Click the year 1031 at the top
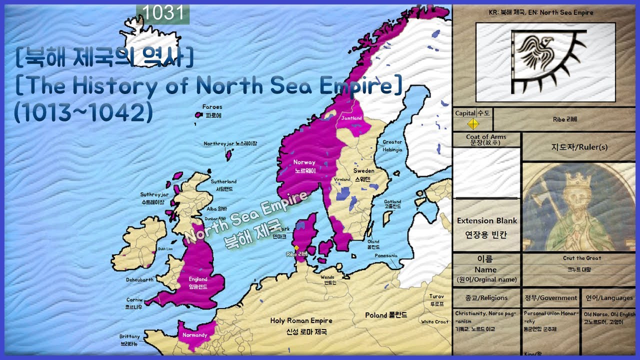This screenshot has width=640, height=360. pos(163,13)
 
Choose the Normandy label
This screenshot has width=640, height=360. pos(194,335)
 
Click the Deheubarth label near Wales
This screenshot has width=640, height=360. pos(139,280)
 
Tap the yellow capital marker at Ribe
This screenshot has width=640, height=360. pos(296,247)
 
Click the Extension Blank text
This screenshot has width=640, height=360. pos(486,220)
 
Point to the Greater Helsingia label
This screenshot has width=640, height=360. pos(392,145)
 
